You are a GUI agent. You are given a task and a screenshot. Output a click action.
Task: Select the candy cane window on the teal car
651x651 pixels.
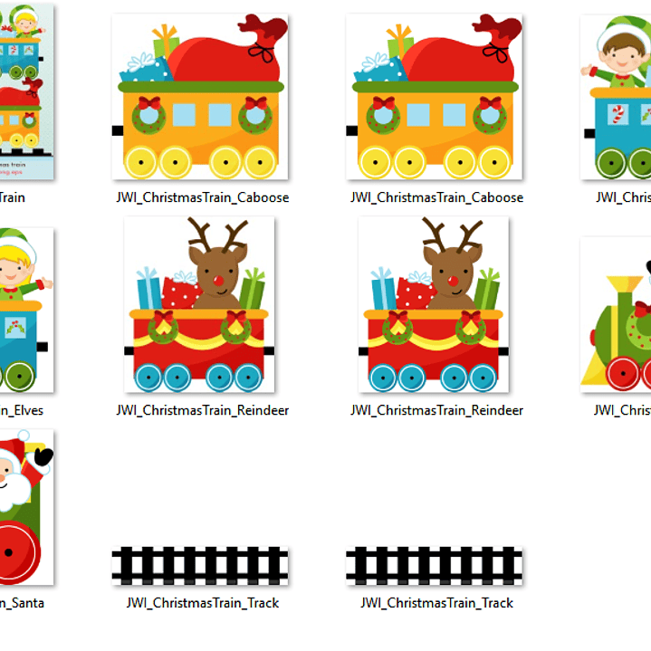pos(616,116)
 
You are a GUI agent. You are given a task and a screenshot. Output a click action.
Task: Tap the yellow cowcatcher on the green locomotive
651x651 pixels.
pos(592,371)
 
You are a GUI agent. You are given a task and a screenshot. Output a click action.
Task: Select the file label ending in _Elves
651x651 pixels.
pos(22,410)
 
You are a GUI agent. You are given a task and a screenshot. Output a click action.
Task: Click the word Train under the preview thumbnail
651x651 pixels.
pos(13,197)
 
